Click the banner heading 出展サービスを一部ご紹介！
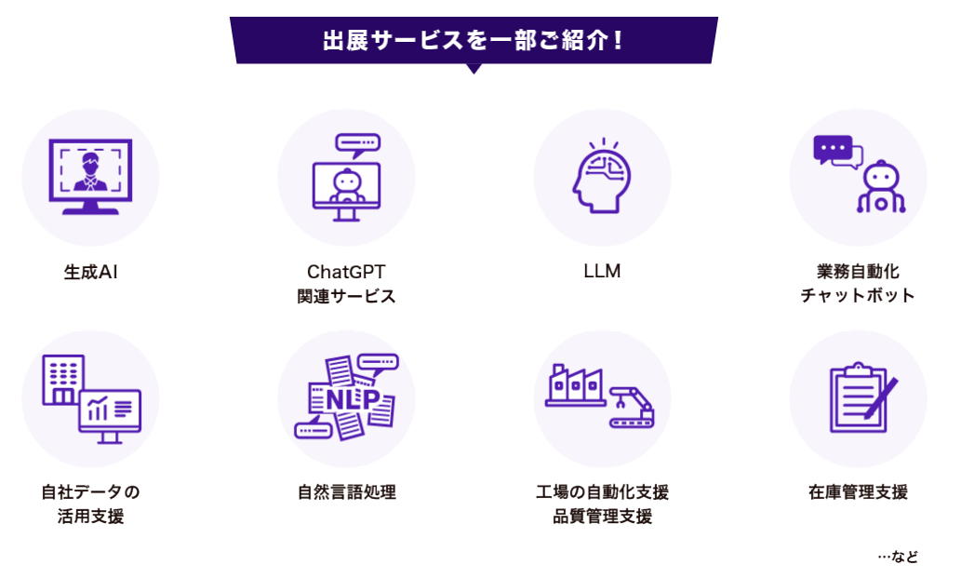pos(474,40)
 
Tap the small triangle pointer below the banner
pos(474,68)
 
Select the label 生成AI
pos(90,273)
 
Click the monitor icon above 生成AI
pos(90,175)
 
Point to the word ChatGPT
pos(346,272)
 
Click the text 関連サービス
pos(346,296)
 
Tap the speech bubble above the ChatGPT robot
pos(359,144)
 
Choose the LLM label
pos(602,272)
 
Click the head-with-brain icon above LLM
pos(602,177)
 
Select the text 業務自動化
pos(858,272)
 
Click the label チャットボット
pos(858,296)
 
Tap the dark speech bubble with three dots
pos(832,149)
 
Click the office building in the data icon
pos(62,379)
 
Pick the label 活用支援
pos(90,517)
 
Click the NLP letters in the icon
pos(345,398)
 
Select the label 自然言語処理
pos(346,492)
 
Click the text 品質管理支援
pos(602,517)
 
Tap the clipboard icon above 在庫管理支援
pos(858,397)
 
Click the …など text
pos(898,557)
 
